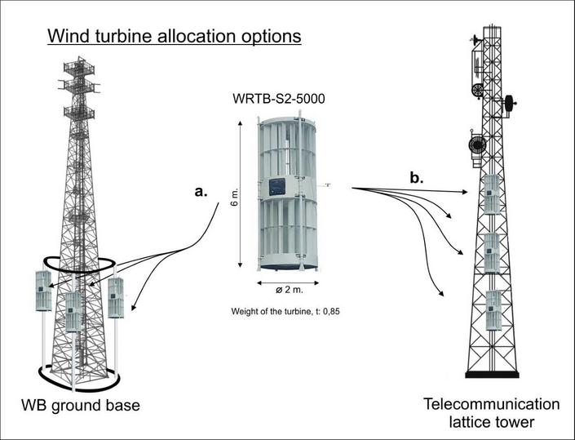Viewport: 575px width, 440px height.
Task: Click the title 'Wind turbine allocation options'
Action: point(175,37)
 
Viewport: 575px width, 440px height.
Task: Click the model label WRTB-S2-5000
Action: point(281,100)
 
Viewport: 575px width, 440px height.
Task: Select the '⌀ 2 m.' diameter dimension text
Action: point(281,290)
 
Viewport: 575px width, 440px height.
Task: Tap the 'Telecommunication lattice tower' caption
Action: point(492,412)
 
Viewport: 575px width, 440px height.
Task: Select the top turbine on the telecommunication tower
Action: point(492,196)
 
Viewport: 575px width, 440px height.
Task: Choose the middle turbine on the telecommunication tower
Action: point(492,253)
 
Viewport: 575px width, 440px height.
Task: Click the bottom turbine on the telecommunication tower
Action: point(492,311)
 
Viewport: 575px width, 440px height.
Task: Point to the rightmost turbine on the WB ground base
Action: point(116,298)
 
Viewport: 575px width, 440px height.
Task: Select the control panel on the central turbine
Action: point(278,186)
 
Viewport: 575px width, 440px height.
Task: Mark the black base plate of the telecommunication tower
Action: point(492,375)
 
